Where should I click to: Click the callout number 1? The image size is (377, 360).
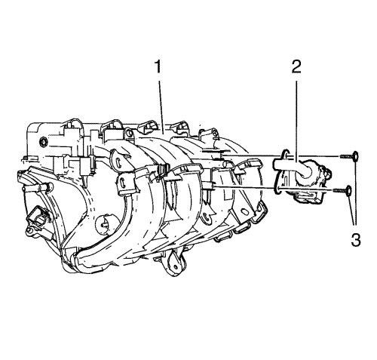click(x=158, y=66)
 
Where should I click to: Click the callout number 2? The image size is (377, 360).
click(x=296, y=66)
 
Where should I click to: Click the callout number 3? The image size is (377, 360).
click(x=356, y=239)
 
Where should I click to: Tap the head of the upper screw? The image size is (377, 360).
click(x=355, y=156)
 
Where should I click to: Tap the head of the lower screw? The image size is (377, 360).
click(x=348, y=191)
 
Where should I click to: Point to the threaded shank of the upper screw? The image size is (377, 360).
click(x=346, y=156)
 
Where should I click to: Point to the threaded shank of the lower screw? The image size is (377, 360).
click(x=339, y=191)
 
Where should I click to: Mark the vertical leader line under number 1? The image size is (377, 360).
click(x=161, y=106)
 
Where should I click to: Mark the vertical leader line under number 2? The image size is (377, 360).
click(x=296, y=122)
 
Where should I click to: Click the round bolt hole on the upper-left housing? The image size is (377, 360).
click(x=43, y=143)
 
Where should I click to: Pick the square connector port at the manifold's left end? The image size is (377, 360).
click(x=38, y=219)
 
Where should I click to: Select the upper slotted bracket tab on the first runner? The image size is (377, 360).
click(x=117, y=161)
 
